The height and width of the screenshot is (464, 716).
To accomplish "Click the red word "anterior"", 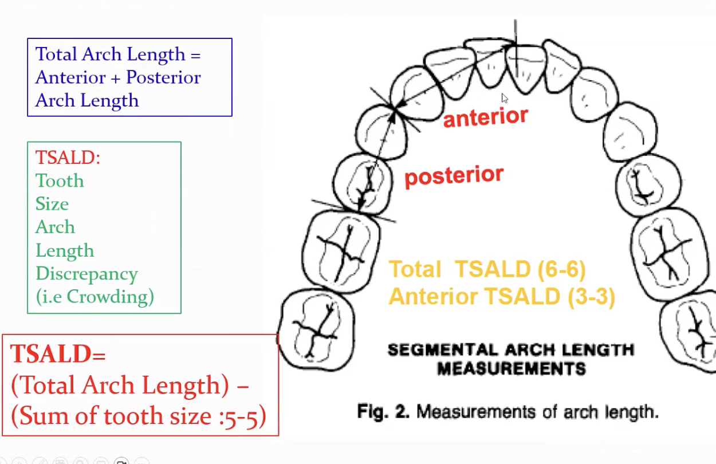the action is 486,117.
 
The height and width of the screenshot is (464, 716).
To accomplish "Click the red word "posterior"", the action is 454,176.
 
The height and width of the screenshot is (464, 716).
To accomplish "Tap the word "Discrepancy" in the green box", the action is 86,275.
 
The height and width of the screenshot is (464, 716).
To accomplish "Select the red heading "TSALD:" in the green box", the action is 68,157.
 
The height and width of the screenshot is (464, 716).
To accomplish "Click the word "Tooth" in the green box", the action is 60,180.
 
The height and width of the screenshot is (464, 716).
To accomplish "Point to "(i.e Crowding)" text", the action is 95,297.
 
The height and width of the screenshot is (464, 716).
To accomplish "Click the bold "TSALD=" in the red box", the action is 58,354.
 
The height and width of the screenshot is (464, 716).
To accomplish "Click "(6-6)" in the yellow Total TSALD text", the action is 561,269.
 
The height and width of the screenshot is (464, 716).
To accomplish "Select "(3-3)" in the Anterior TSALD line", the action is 591,297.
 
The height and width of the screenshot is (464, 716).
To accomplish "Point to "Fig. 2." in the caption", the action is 383,412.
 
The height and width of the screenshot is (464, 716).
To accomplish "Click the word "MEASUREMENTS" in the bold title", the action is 512,369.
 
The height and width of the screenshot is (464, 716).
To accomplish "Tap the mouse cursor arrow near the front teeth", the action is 505,98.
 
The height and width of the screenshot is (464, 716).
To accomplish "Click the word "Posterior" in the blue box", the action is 163,77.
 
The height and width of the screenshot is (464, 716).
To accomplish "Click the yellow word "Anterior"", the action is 434,297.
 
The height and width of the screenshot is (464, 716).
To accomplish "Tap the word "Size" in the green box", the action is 52,203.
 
